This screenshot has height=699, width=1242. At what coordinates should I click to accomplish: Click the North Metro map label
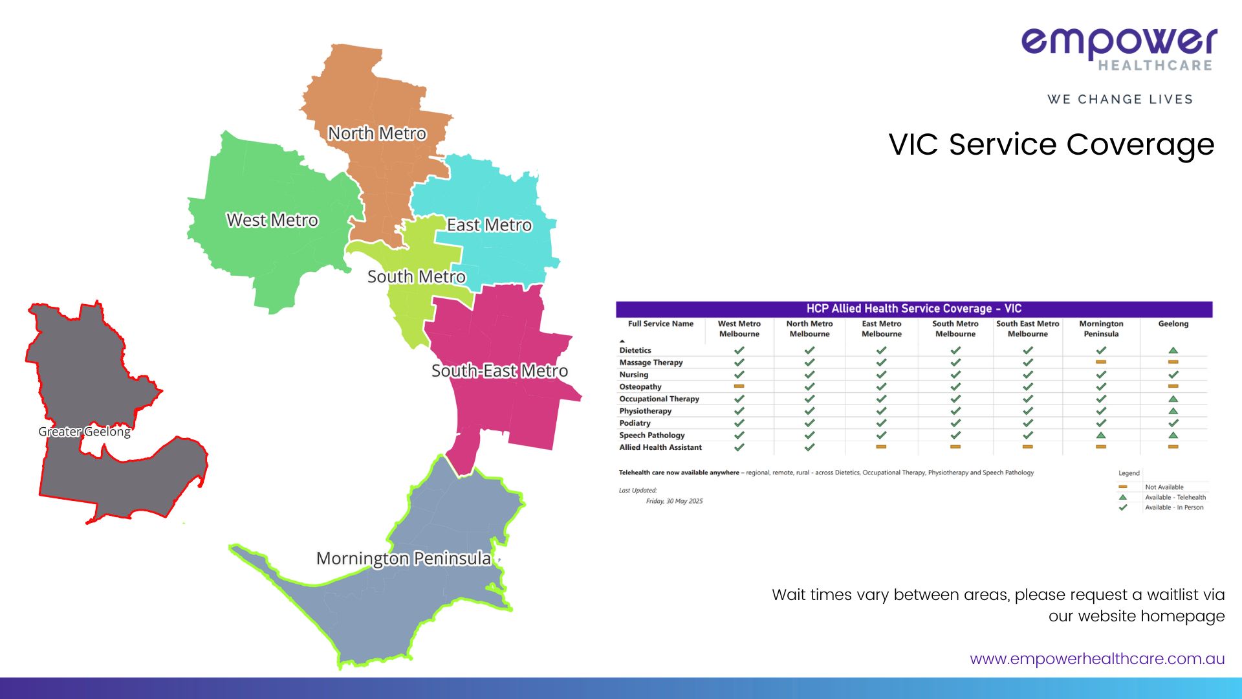click(x=377, y=133)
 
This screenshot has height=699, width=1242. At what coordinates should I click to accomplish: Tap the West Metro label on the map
click(x=272, y=220)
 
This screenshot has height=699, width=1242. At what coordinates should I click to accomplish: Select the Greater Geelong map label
click(x=85, y=432)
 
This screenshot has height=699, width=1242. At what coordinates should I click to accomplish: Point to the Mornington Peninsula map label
click(x=404, y=559)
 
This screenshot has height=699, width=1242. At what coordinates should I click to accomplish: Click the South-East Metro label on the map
click(x=500, y=371)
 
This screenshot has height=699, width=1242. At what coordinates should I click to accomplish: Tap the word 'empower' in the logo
click(x=1119, y=41)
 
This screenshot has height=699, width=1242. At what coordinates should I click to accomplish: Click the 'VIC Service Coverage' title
click(x=1051, y=144)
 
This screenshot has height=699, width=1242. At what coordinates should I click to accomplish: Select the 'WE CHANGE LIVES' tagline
click(x=1120, y=99)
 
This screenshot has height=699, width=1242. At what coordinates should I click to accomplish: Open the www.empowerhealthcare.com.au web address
click(x=1097, y=659)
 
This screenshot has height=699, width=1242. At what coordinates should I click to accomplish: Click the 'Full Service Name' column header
click(x=660, y=324)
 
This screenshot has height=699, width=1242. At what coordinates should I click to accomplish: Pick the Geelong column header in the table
click(x=1173, y=324)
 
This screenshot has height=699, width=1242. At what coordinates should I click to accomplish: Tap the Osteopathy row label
click(x=640, y=387)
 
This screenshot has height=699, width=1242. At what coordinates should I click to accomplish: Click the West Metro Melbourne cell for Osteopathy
click(x=739, y=386)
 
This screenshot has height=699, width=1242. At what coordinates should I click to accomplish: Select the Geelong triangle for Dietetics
click(x=1173, y=350)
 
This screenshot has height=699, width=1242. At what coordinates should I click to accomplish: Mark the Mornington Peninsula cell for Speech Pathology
click(x=1101, y=436)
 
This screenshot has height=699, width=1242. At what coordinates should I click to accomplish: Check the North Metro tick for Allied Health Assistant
click(x=809, y=447)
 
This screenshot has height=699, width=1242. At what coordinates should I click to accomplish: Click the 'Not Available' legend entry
click(x=1164, y=487)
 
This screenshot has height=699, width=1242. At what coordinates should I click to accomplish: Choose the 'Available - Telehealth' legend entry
click(x=1175, y=498)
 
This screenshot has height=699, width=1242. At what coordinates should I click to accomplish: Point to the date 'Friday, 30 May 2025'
click(x=674, y=501)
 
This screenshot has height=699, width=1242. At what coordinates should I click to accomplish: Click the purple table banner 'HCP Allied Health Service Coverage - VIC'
click(x=914, y=309)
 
